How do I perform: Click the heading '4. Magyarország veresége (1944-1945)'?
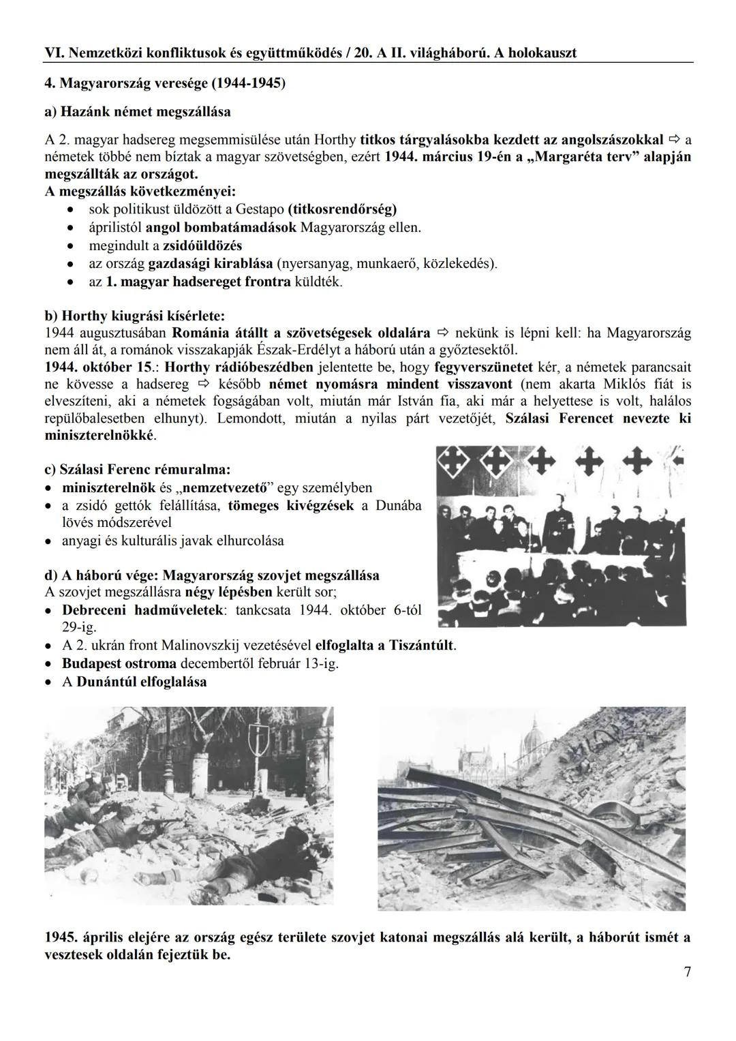(x=165, y=84)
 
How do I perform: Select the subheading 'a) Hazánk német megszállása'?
(x=138, y=111)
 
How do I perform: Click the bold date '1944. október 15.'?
(x=97, y=366)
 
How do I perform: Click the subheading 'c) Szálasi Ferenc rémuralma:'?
(x=137, y=469)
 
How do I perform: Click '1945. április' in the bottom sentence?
(x=89, y=937)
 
